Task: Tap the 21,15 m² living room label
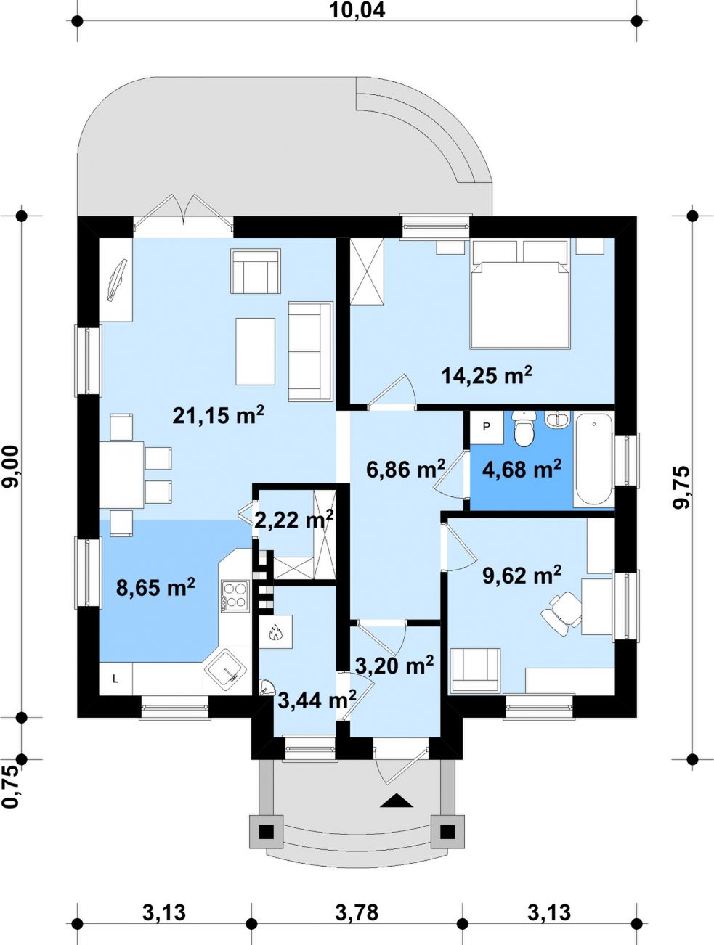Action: pyautogui.click(x=218, y=416)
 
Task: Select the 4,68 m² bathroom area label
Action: pyautogui.click(x=522, y=469)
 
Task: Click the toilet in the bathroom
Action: pyautogui.click(x=524, y=428)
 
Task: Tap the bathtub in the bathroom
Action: pyautogui.click(x=593, y=459)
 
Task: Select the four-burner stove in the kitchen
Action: pyautogui.click(x=235, y=596)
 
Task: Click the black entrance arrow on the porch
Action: pyautogui.click(x=397, y=801)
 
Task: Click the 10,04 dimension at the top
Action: pyautogui.click(x=357, y=10)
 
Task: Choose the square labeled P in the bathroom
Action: pyautogui.click(x=487, y=427)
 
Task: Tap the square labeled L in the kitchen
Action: pyautogui.click(x=115, y=679)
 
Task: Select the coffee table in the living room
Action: pyautogui.click(x=256, y=351)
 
